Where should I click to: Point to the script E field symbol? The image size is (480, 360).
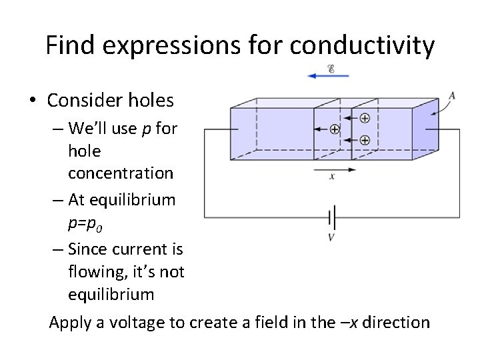point(331,67)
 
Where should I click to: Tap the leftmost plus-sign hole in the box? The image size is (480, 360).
point(335,129)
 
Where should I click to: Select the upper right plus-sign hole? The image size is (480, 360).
point(365,118)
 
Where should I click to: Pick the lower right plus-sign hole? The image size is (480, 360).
point(365,140)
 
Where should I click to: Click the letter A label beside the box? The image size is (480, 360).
point(452,95)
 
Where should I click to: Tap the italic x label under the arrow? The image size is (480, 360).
point(332,177)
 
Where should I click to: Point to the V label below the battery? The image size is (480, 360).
point(331,237)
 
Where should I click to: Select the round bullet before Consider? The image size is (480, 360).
point(32,101)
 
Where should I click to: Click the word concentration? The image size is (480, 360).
point(120,173)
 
